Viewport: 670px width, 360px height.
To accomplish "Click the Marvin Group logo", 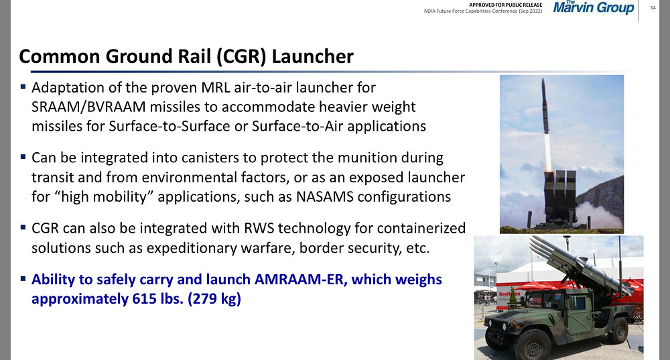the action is click(594, 7).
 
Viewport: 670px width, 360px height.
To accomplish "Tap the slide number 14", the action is click(653, 7).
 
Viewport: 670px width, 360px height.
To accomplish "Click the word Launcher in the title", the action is click(312, 56).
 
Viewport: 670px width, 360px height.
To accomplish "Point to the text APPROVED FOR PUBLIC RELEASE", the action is click(505, 5).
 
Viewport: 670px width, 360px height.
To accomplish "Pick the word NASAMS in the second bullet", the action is click(325, 196).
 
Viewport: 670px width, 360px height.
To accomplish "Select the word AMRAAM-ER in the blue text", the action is click(299, 279).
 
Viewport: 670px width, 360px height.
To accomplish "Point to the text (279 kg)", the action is click(214, 299).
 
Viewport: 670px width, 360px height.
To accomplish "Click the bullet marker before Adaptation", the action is click(23, 86).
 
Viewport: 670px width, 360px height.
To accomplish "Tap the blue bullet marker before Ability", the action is click(23, 279).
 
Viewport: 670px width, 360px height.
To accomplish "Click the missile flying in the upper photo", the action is click(545, 106).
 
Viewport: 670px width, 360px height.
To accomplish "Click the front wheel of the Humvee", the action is click(531, 345).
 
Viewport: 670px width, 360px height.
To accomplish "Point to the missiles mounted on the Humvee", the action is click(579, 264).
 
